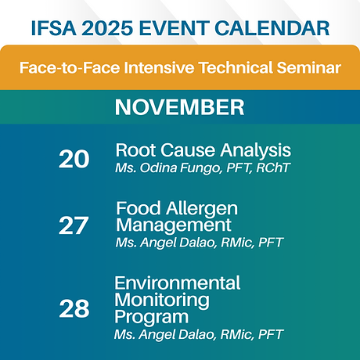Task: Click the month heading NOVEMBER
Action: (x=179, y=106)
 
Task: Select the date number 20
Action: (x=74, y=159)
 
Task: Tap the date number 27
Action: (x=74, y=225)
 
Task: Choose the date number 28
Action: (x=74, y=308)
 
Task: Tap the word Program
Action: (x=150, y=317)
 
